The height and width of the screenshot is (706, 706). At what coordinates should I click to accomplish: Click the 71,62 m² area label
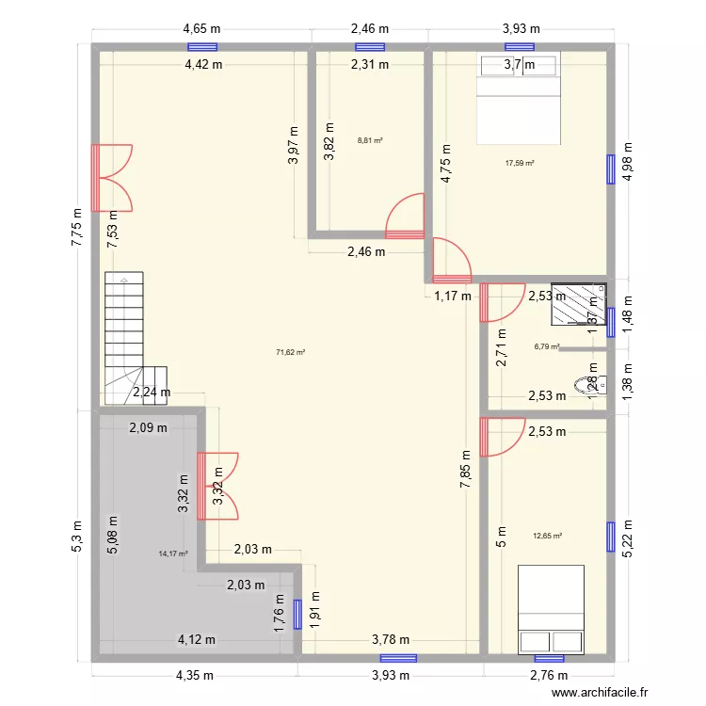click(x=290, y=352)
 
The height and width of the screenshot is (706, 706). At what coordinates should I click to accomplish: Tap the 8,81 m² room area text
click(x=370, y=141)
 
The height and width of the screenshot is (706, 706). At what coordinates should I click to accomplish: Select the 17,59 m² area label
click(x=520, y=163)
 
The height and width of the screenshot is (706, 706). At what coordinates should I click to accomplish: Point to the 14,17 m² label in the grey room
click(x=173, y=554)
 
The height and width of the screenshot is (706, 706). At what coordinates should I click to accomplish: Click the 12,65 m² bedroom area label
click(x=547, y=536)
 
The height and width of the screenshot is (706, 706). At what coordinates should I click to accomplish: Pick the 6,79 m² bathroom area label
click(x=546, y=346)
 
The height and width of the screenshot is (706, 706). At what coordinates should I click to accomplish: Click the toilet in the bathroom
click(x=593, y=383)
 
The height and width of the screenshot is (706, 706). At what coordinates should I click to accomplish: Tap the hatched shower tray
click(x=578, y=305)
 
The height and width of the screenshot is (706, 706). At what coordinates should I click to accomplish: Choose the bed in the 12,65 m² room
click(x=552, y=609)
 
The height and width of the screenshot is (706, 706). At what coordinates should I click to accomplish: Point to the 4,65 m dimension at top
click(x=202, y=28)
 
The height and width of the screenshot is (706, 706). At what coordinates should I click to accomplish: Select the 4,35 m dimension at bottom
click(x=192, y=675)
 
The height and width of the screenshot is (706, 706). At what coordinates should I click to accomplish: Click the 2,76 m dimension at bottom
click(x=549, y=675)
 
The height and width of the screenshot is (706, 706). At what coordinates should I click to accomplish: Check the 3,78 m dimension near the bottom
click(x=391, y=640)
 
